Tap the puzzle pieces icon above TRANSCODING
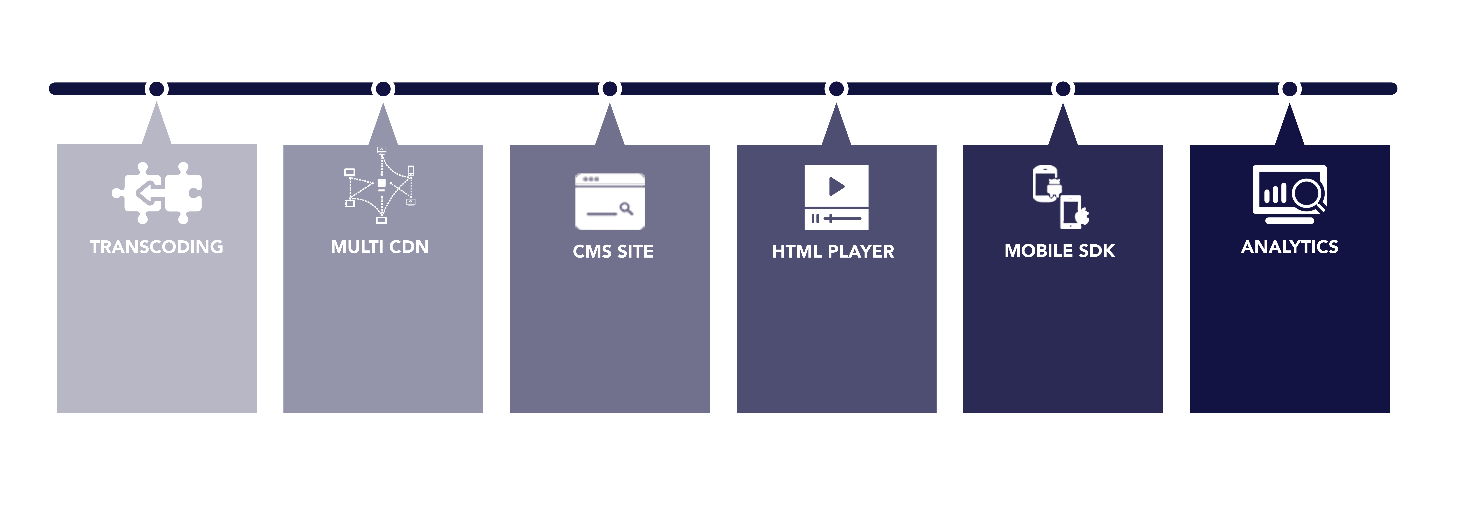tap(157, 193)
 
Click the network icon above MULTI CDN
tap(380, 185)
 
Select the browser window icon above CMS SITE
tap(609, 201)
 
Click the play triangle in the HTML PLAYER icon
tap(837, 186)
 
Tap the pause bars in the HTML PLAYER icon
tap(815, 218)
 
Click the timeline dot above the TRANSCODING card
tap(157, 89)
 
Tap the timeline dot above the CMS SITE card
tap(610, 89)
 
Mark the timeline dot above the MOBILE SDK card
tap(1063, 89)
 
